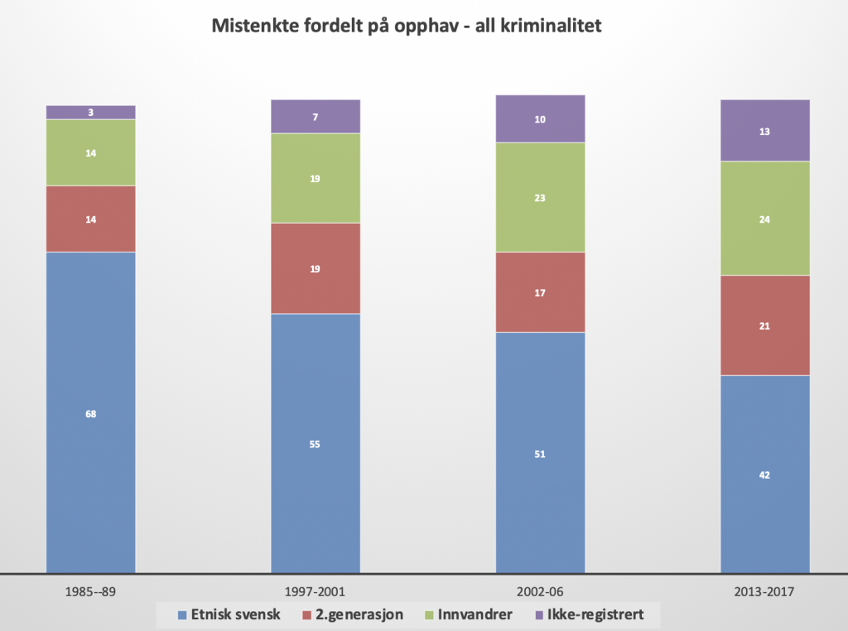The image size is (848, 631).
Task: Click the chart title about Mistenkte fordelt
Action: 406,26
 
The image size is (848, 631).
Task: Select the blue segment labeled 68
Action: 91,412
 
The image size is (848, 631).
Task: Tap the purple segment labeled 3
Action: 91,112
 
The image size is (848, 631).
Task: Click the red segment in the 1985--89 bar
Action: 91,219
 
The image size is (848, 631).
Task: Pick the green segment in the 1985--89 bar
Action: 91,152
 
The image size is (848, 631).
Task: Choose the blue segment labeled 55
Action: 316,443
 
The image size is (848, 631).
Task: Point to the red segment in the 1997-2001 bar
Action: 316,268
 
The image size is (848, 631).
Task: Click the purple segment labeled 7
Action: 316,117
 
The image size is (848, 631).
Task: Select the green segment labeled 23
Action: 540,197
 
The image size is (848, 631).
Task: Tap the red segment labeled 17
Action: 540,292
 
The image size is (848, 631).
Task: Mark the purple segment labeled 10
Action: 540,118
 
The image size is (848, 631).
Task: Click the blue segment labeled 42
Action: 764,474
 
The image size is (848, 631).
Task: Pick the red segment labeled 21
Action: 764,325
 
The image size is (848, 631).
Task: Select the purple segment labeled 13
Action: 764,130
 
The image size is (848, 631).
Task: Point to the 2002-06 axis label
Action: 540,592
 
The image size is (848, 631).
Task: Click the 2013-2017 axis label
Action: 764,592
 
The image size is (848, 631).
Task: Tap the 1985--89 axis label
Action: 91,592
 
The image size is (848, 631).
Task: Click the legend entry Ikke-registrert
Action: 590,614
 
